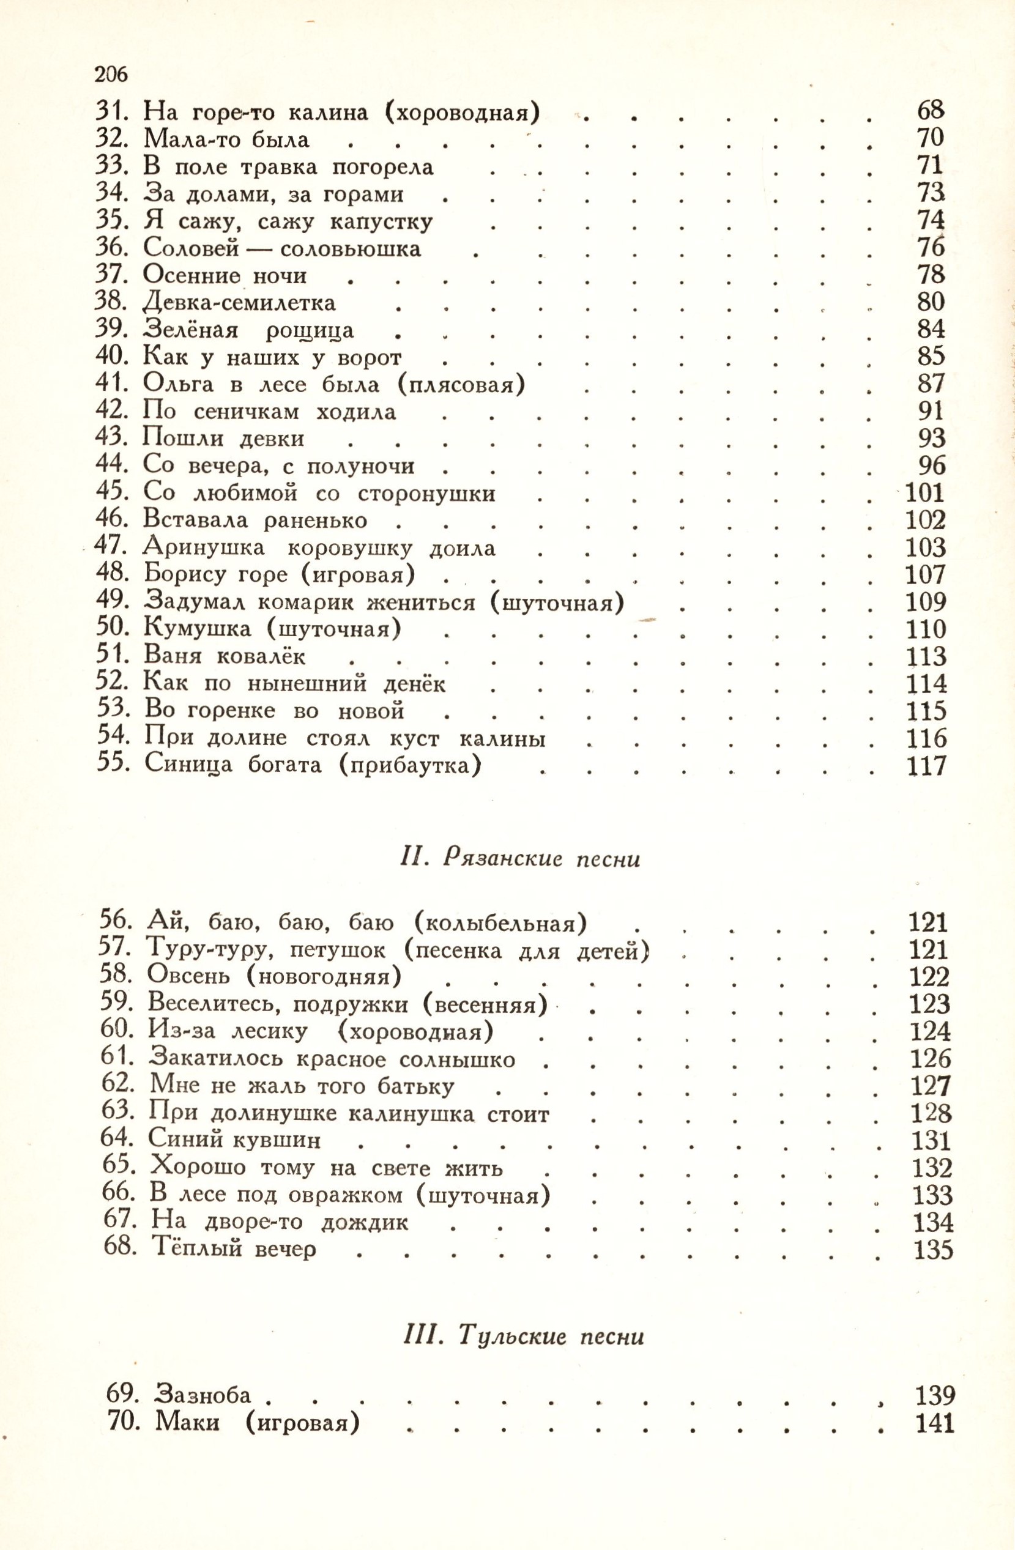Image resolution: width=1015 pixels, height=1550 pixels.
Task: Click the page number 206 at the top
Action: coord(111,75)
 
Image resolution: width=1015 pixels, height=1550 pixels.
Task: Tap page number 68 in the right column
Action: coord(930,111)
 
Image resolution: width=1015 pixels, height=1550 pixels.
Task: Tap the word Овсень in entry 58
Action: coord(188,976)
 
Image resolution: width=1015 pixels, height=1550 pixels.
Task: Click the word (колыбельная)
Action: coord(501,923)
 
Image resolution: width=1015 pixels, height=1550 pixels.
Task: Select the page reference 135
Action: coord(933,1249)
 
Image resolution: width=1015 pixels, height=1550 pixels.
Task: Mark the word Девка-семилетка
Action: coord(239,303)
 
